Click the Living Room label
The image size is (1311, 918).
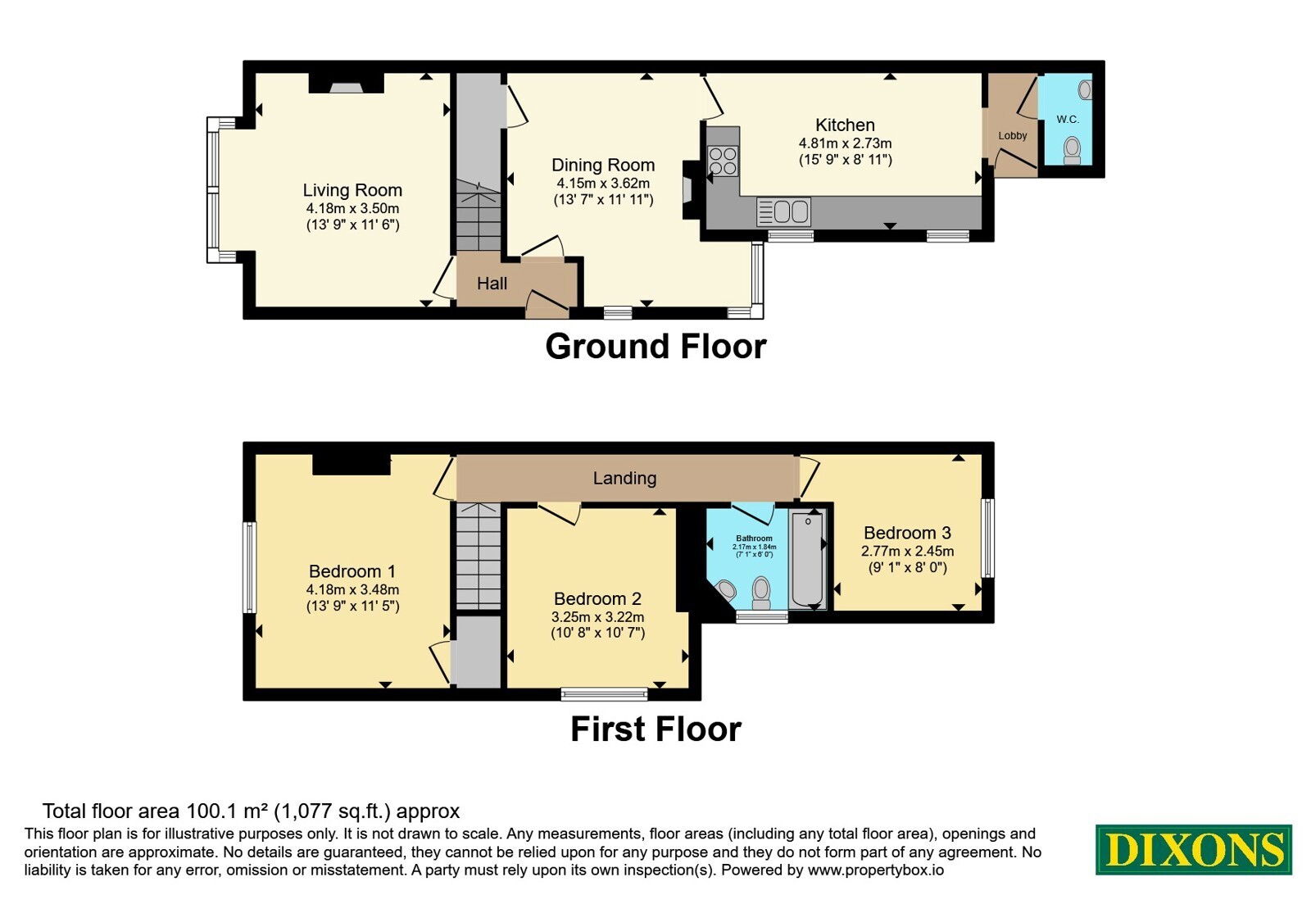point(352,190)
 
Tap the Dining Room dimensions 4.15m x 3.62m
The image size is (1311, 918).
point(603,184)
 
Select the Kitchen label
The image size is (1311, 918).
point(845,125)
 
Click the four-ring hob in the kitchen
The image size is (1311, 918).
point(723,160)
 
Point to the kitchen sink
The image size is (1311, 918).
point(783,211)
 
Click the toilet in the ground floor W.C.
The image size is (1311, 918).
point(1072,151)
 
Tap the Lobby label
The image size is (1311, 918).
point(1013,136)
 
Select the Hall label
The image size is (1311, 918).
point(492,284)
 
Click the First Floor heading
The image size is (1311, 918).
point(655,729)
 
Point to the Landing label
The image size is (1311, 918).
point(624,479)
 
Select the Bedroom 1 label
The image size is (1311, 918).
point(352,571)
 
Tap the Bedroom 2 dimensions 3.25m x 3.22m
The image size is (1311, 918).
point(597,617)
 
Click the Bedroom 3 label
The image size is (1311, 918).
point(907,533)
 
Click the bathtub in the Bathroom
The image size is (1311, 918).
point(807,560)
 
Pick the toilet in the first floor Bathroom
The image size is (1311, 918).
point(761,593)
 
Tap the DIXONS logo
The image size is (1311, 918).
point(1193,849)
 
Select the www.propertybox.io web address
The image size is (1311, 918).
point(876,870)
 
